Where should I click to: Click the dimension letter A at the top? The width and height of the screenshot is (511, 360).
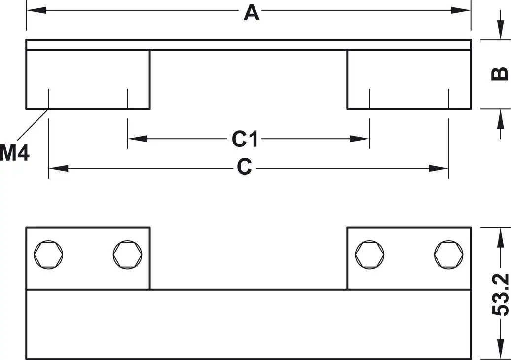pos(251,12)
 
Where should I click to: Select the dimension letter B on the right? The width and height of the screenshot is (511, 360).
pos(500,74)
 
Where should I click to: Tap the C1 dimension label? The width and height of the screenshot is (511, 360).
pos(245,140)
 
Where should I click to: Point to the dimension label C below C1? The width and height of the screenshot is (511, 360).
pos(244,168)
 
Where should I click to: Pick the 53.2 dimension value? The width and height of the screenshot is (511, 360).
pos(500,294)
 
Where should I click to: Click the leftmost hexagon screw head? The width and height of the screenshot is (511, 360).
pos(48,254)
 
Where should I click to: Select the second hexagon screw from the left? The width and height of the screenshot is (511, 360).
pos(127,254)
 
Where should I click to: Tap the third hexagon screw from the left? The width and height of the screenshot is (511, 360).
pos(369,254)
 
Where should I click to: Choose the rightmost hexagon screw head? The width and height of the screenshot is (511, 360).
pos(448,254)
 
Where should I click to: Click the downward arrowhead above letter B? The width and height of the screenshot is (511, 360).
pos(497,33)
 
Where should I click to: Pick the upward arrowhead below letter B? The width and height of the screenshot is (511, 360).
pos(497,117)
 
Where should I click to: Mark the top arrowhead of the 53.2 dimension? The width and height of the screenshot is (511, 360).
pos(497,235)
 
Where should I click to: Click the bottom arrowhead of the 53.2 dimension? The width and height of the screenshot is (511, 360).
pos(497,351)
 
